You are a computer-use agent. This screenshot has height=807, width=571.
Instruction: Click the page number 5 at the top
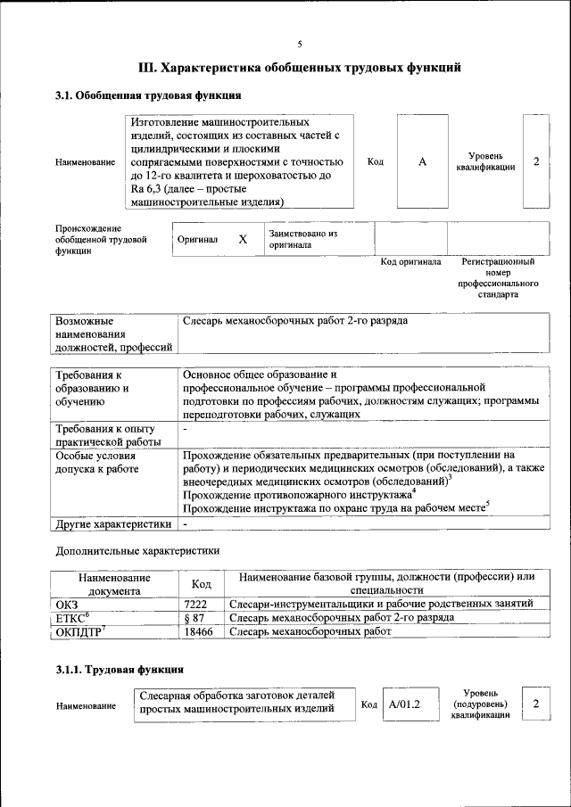coord(299,44)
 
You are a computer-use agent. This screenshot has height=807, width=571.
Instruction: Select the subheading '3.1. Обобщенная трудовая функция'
coord(148,95)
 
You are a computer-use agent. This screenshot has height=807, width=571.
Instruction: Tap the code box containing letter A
coord(423,161)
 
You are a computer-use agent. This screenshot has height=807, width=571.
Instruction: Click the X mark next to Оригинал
coord(242,240)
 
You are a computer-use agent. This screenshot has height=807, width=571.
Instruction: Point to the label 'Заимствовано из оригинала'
coord(303,239)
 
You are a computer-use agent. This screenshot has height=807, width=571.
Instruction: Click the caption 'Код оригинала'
coord(410,262)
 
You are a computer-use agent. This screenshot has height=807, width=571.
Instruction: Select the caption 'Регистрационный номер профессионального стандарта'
coord(498,278)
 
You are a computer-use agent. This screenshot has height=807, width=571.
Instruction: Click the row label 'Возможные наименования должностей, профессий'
coord(113,334)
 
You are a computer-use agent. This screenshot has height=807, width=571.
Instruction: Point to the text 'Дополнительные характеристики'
coord(137,551)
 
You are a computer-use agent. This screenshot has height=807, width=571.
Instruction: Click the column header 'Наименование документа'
coord(113,583)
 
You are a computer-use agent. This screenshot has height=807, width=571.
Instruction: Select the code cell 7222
coord(195,604)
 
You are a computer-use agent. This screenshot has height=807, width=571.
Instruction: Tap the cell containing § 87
coord(195,617)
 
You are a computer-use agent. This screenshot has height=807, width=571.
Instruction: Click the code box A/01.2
coord(404,704)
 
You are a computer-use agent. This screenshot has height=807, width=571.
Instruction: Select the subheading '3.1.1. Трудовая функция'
coord(120,668)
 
